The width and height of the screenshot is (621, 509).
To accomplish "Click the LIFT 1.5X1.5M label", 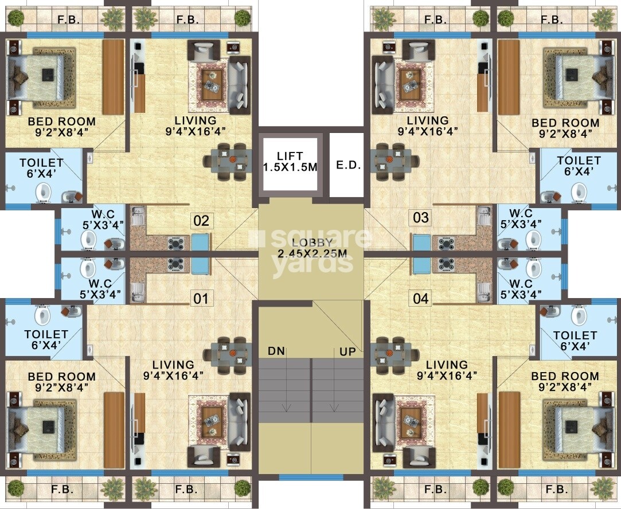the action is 290,162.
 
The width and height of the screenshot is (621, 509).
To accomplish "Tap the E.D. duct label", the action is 349,166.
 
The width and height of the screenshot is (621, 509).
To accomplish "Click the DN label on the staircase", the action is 276,351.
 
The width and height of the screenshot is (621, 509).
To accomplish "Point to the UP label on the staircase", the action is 347,351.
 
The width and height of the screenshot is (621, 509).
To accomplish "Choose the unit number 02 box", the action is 201,221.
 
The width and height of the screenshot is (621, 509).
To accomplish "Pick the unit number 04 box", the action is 421,298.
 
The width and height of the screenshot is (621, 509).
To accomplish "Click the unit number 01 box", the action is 201,298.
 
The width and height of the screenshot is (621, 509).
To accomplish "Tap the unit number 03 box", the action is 421,217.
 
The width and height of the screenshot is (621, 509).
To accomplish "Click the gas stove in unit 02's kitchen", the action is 176,242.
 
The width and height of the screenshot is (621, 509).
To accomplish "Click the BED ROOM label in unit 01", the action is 62,376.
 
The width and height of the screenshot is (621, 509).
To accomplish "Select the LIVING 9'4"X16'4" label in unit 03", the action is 428,126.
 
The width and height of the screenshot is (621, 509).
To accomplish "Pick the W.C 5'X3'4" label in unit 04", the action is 521,289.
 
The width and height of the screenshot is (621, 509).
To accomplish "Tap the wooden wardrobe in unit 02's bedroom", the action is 114,77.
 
